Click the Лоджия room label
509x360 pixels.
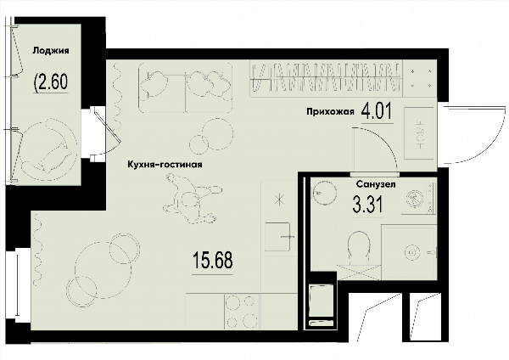coord(51,51)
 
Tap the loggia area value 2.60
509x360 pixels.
coord(51,82)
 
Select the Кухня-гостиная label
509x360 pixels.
coord(165,165)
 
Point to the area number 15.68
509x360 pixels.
coord(213,261)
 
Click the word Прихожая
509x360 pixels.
coord(330,112)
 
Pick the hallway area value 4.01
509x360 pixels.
coord(377,110)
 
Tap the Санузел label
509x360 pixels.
coord(376,184)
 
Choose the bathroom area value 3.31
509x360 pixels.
coord(368,205)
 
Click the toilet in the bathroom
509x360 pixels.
coord(359,248)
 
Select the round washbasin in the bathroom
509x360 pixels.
coord(324,193)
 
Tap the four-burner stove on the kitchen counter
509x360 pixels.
coord(241,312)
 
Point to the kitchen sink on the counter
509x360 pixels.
coord(278,237)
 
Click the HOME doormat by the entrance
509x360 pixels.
coord(419,133)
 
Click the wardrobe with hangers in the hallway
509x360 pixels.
coord(326,78)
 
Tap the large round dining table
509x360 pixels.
coord(103,270)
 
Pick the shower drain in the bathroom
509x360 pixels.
coord(412,253)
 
